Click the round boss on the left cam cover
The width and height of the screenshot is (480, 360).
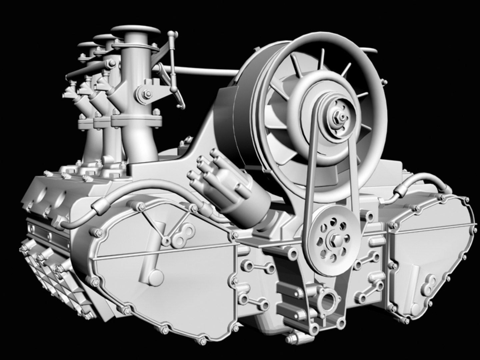155,276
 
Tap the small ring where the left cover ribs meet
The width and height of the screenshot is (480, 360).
165,239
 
